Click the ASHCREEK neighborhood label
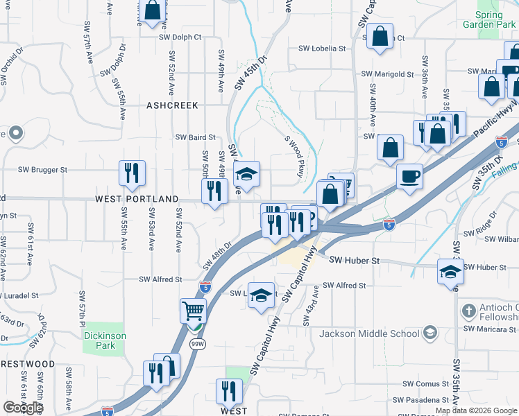pyautogui.click(x=172, y=105)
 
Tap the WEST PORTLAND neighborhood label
pyautogui.click(x=137, y=199)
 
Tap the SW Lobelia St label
pyautogui.click(x=322, y=49)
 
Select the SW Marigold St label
pyautogui.click(x=388, y=74)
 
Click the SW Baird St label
pyautogui.click(x=195, y=137)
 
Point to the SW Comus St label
pyautogui.click(x=427, y=383)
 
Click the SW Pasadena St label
pyautogui.click(x=420, y=400)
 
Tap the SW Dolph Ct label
pyautogui.click(x=180, y=37)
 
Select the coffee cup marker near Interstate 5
pyautogui.click(x=410, y=176)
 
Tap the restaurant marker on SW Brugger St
pyautogui.click(x=132, y=173)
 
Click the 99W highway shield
pyautogui.click(x=198, y=344)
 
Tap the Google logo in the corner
pyautogui.click(x=24, y=408)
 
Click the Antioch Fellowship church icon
pyautogui.click(x=469, y=309)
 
